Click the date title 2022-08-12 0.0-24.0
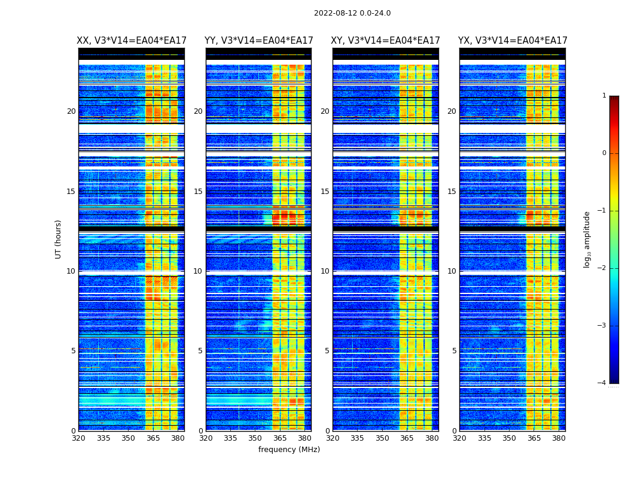point(352,13)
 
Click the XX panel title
point(132,41)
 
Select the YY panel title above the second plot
point(258,41)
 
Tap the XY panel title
point(386,41)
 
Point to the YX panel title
point(513,41)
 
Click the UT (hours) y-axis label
point(59,239)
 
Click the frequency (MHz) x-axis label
point(289,450)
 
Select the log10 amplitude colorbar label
point(587,239)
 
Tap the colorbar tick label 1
point(604,96)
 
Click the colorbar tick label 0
point(604,153)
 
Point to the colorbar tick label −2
point(602,268)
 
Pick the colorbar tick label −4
point(602,383)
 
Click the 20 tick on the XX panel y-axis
point(71,111)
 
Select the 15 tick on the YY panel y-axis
point(198,192)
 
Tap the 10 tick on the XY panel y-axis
point(325,271)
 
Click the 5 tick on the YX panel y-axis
point(455,351)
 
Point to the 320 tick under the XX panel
point(78,438)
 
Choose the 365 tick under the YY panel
point(280,438)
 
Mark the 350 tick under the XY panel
point(382,438)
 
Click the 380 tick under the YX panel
point(559,438)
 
